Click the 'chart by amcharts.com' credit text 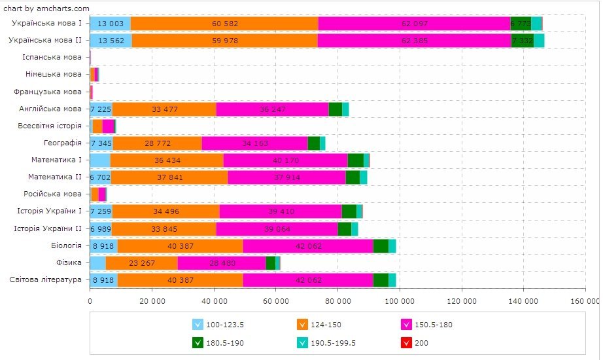tap(46, 8)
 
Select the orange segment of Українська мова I tap(224, 24)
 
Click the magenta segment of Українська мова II tap(414, 41)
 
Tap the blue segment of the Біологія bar tap(103, 245)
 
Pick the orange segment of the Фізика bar tap(141, 262)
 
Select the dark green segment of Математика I tap(355, 160)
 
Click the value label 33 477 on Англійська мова tap(164, 109)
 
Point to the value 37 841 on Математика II tap(169, 177)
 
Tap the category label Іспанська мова tap(56, 58)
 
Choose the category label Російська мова tap(56, 194)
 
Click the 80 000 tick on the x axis tap(337, 300)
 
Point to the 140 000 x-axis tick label tap(523, 300)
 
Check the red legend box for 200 tap(405, 342)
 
